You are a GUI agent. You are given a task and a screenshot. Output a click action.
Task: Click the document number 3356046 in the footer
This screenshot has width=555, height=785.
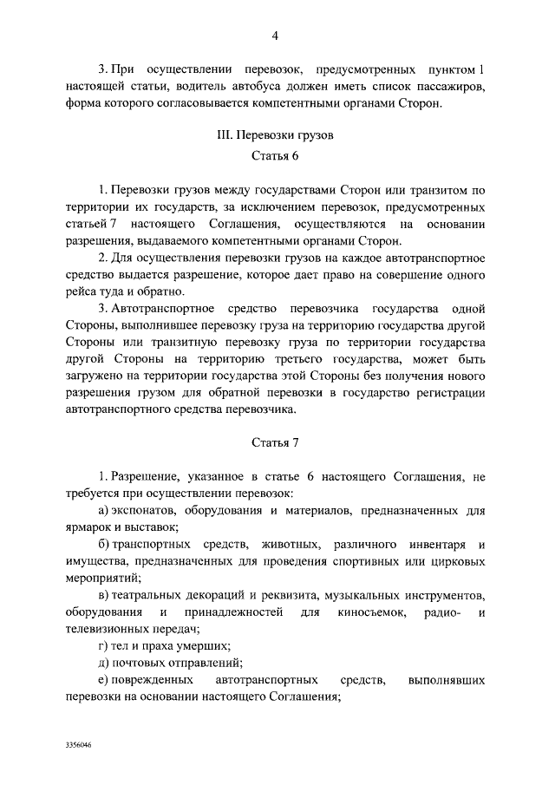[x=79, y=745]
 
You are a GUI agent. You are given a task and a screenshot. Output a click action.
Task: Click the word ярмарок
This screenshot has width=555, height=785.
[x=89, y=527]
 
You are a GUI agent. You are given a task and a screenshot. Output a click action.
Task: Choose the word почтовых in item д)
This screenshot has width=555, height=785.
[x=141, y=664]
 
